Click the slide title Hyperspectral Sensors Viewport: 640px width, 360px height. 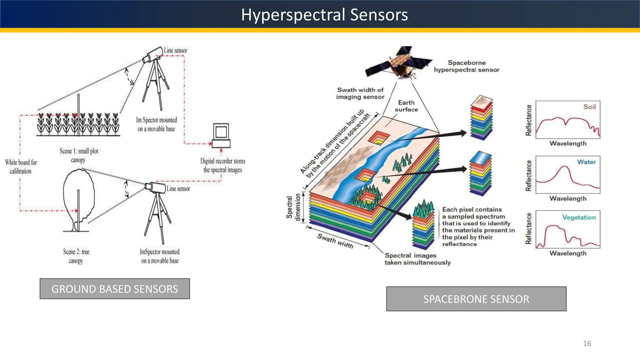tap(324, 15)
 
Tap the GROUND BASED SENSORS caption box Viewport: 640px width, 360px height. tap(115, 289)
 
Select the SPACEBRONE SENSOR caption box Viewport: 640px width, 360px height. tap(476, 299)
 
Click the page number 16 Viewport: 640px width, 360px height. tap(587, 343)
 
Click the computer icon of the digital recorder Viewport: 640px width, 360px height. tap(221, 135)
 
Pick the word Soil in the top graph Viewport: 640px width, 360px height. tap(589, 107)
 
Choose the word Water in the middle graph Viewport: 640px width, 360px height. tap(586, 162)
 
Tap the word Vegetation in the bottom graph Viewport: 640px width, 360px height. tap(579, 217)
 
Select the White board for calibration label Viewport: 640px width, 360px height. tap(21, 167)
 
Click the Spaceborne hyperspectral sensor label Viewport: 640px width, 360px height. tap(466, 66)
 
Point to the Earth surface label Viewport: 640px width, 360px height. tap(406, 106)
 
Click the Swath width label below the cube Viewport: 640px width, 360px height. tap(335, 241)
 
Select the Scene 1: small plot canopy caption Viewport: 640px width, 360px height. tap(79, 155)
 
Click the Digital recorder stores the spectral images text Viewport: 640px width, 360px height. tap(222, 165)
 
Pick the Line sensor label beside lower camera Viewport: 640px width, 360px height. tap(178, 188)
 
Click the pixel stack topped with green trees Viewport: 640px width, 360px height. tap(424, 225)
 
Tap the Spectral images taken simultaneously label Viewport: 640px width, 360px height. tap(417, 259)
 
